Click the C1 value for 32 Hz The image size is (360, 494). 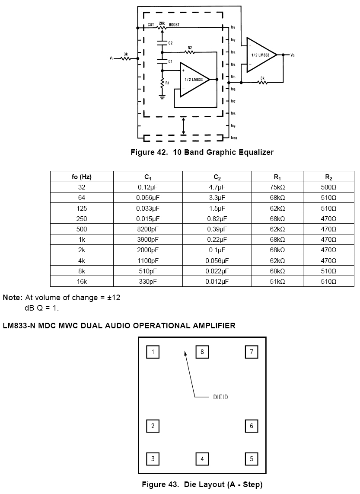tap(148, 187)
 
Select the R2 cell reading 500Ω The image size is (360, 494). tap(328, 187)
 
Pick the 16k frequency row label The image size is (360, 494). tap(82, 281)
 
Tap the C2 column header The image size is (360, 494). tap(217, 177)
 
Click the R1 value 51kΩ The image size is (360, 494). tap(277, 281)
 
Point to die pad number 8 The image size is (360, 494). tap(202, 352)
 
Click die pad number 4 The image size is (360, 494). tap(202, 459)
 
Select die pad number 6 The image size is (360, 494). tap(252, 426)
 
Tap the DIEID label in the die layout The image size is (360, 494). tap(220, 397)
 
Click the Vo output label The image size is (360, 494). tap(292, 55)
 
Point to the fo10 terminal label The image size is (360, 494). tap(234, 138)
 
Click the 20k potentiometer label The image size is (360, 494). tap(162, 23)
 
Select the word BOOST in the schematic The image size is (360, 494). tap(174, 25)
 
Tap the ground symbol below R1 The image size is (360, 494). tap(162, 96)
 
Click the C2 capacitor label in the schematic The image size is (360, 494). tap(170, 43)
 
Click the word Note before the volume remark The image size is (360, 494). tap(13, 298)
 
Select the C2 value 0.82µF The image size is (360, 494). tap(217, 218)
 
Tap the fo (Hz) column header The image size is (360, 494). tap(82, 177)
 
